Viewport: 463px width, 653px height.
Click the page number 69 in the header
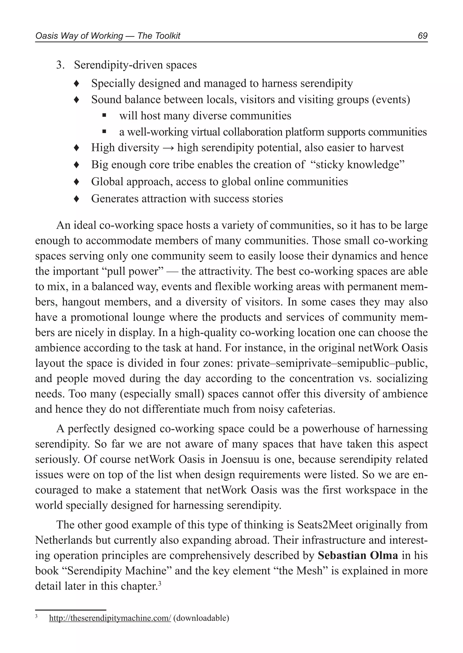click(x=423, y=36)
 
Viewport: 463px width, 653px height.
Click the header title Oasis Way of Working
click(x=79, y=36)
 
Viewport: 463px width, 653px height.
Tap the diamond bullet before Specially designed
click(x=76, y=84)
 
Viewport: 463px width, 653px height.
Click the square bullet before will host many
click(x=104, y=116)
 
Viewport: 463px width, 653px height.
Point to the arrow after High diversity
click(x=168, y=148)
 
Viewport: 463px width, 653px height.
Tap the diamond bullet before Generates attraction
click(x=76, y=199)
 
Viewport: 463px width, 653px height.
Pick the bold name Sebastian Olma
click(x=358, y=555)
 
